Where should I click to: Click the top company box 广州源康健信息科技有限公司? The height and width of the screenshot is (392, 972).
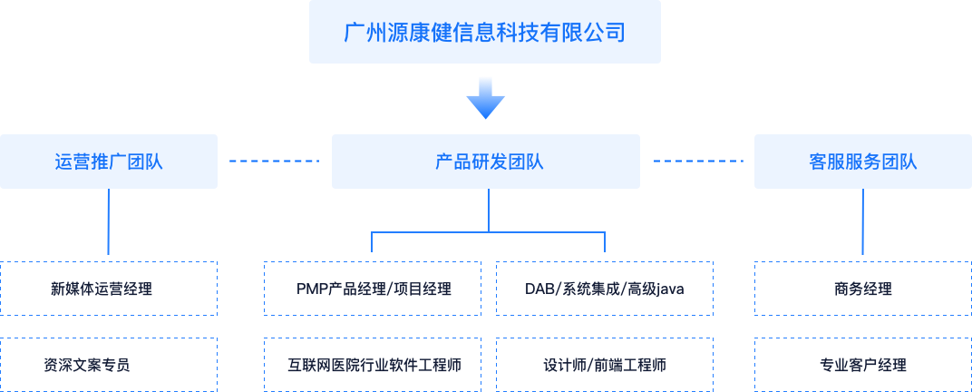click(x=484, y=32)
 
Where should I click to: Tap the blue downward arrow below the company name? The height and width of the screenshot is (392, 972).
click(x=485, y=98)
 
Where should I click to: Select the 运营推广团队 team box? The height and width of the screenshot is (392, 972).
click(x=109, y=162)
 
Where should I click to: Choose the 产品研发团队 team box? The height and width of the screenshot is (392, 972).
click(x=486, y=162)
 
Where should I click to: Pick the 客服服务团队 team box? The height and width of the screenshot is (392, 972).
click(x=862, y=162)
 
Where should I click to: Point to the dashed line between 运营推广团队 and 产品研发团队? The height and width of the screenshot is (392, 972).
click(x=274, y=162)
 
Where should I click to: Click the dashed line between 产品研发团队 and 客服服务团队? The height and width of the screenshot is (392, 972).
click(x=697, y=162)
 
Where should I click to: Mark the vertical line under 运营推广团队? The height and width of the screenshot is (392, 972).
click(x=108, y=221)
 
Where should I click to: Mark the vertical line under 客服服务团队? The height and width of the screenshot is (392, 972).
click(x=862, y=221)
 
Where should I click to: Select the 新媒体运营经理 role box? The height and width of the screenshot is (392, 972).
click(x=109, y=289)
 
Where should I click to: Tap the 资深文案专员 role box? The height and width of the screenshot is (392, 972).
click(x=109, y=365)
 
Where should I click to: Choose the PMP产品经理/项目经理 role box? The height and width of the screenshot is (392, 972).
click(x=373, y=289)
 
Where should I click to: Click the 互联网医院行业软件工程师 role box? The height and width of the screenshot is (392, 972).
click(x=373, y=365)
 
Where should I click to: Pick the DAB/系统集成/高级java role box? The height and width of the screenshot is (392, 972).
click(x=605, y=289)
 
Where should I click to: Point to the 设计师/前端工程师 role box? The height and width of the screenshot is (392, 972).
click(x=605, y=365)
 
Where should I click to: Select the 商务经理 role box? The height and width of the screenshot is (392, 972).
click(x=862, y=289)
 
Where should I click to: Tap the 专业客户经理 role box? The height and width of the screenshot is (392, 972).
click(x=862, y=365)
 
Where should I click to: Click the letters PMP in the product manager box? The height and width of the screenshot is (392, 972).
click(x=311, y=289)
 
